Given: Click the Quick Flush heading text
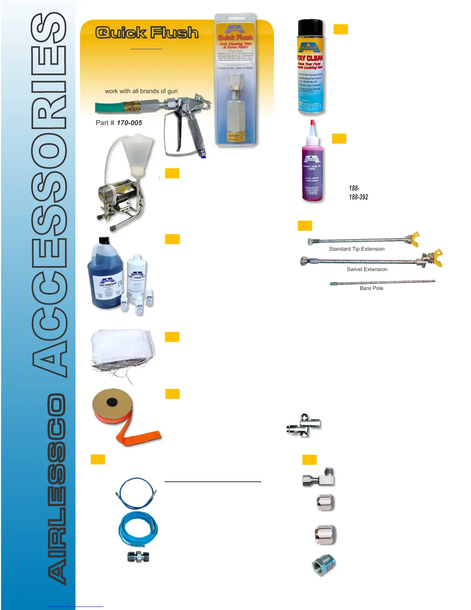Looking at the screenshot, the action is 147,33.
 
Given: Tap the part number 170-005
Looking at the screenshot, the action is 129,123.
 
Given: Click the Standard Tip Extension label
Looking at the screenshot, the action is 356,249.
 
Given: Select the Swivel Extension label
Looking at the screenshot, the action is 367,270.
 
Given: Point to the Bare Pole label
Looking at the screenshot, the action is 371,288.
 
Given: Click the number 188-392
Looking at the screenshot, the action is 358,197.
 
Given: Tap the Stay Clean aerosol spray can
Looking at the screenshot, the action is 311,73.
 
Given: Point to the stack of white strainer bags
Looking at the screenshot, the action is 122,349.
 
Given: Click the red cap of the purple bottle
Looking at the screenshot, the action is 312,125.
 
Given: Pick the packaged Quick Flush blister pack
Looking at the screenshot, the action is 235,81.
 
